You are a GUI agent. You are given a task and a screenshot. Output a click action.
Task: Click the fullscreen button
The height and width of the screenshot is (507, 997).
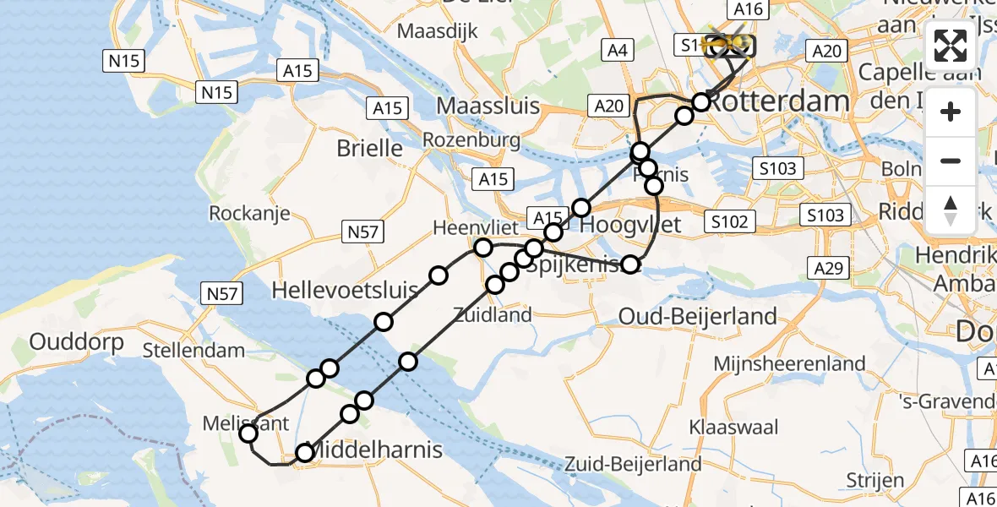pos(951,46)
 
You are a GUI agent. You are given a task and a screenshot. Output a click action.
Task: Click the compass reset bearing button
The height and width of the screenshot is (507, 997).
pos(951,210)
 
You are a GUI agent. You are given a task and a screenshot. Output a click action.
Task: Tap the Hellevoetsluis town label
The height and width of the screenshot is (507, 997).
pos(345,292)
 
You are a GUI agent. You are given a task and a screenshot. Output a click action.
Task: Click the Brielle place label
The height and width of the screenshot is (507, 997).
pos(369,148)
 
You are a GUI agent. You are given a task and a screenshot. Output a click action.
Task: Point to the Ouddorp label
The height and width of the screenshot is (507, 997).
pos(76,342)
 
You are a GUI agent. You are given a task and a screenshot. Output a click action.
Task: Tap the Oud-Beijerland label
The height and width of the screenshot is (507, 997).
pos(698,317)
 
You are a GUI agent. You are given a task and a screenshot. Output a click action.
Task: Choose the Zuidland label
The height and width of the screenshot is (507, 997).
pos(493,315)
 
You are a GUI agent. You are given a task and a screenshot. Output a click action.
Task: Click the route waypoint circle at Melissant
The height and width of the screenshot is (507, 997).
pos(248,434)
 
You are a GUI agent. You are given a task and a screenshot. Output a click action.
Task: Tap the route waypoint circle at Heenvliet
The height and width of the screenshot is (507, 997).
pos(483,248)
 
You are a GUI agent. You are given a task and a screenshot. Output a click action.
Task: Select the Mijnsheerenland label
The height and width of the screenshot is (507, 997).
pos(789,364)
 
